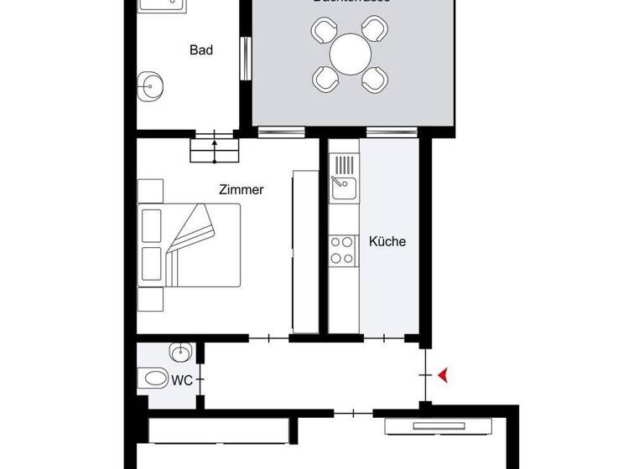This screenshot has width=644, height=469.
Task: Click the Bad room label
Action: tap(201, 50)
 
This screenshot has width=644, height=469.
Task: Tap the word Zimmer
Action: tap(241, 190)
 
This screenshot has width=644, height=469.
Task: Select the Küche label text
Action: tap(387, 241)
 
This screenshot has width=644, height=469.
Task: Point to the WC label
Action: tap(182, 380)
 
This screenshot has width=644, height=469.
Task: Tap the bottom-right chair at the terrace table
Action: tap(375, 80)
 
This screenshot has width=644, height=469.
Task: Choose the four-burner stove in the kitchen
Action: tap(342, 249)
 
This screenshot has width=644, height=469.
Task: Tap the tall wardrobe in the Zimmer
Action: tap(305, 251)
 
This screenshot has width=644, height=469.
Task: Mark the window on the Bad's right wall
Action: tap(245, 60)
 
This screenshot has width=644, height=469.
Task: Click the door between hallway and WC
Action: tap(200, 375)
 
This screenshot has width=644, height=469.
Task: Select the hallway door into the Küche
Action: tap(385, 338)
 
